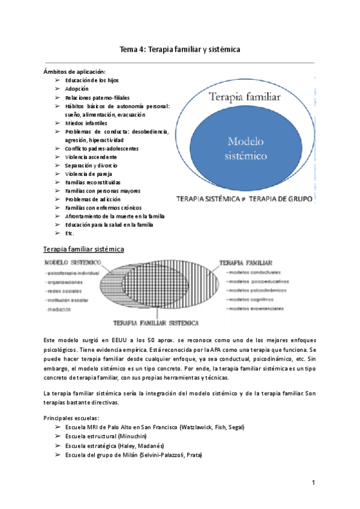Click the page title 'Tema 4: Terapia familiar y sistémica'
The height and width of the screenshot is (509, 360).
tap(180, 49)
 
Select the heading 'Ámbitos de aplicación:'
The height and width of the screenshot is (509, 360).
tap(74, 71)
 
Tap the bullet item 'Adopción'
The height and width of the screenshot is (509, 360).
tap(77, 88)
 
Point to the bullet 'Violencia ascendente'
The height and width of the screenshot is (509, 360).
tap(91, 157)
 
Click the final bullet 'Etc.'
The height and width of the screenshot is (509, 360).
tap(70, 233)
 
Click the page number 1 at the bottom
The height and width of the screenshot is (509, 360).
tap(313, 483)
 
